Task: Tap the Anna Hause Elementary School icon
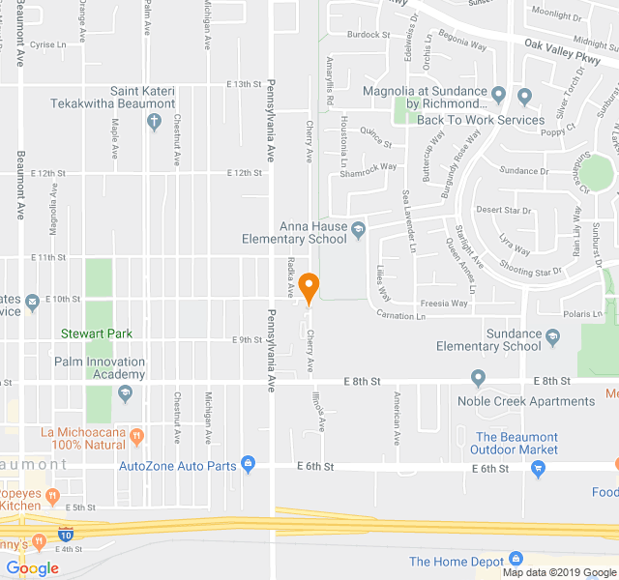(359, 230)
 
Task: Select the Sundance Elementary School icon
(553, 337)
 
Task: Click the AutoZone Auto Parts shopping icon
(249, 465)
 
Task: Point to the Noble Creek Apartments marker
(478, 377)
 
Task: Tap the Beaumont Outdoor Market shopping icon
(539, 469)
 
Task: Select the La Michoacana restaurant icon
(136, 437)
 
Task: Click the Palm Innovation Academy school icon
(124, 393)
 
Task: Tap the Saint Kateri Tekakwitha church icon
(153, 122)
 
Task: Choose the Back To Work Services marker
(524, 97)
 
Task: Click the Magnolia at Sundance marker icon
(498, 95)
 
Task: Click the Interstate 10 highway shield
(65, 534)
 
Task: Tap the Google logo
(32, 568)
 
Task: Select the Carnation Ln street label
(400, 316)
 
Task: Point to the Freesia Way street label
(446, 303)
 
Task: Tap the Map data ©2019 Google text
(559, 572)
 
